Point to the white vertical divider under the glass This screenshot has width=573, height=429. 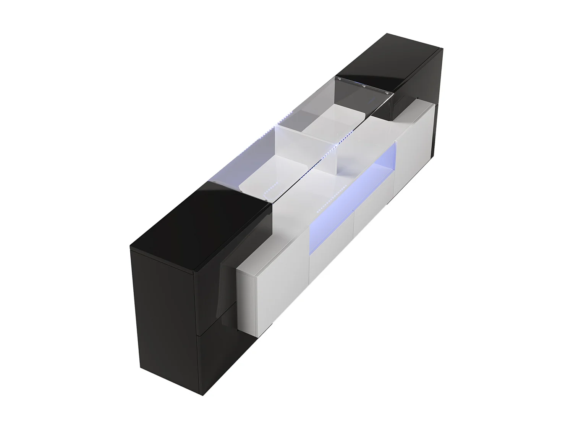tap(302, 149)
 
